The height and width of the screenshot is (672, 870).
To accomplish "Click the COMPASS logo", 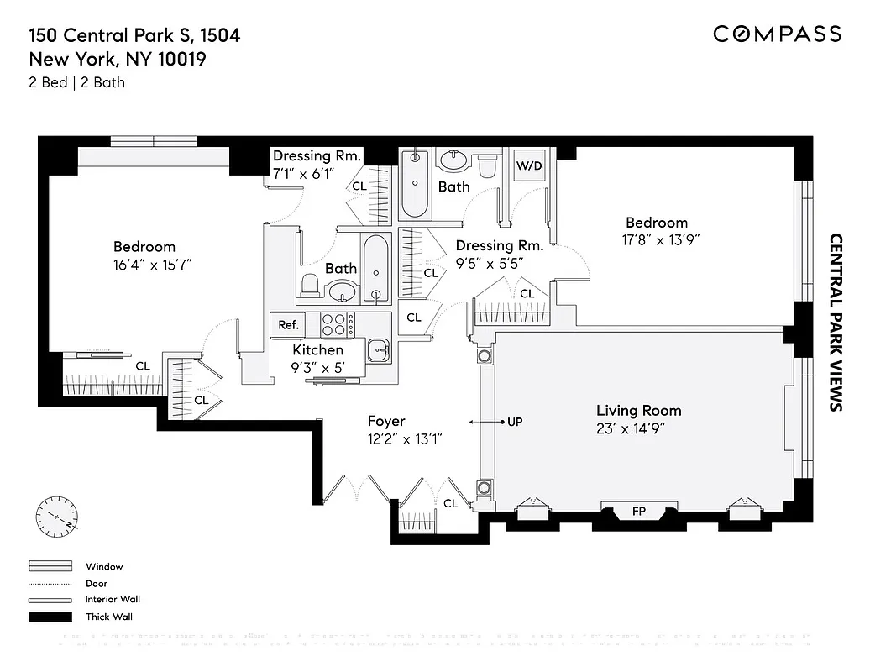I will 777,34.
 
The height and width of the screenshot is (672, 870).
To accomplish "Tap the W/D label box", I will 529,165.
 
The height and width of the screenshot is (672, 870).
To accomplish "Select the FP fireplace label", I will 639,511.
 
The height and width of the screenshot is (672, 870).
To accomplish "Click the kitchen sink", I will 379,349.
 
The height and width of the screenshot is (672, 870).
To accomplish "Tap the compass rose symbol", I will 57,514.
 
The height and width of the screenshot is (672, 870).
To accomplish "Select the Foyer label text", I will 386,421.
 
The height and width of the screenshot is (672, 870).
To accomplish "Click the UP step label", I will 515,422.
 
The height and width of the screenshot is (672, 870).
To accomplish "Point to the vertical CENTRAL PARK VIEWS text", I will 836,322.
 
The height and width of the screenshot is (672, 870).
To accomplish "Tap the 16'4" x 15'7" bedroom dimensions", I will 144,264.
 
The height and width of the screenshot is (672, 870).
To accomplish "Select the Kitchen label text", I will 317,349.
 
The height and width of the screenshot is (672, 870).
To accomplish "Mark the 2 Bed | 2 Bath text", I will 77,82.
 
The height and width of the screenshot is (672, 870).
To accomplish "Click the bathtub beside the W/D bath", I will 415,183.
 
